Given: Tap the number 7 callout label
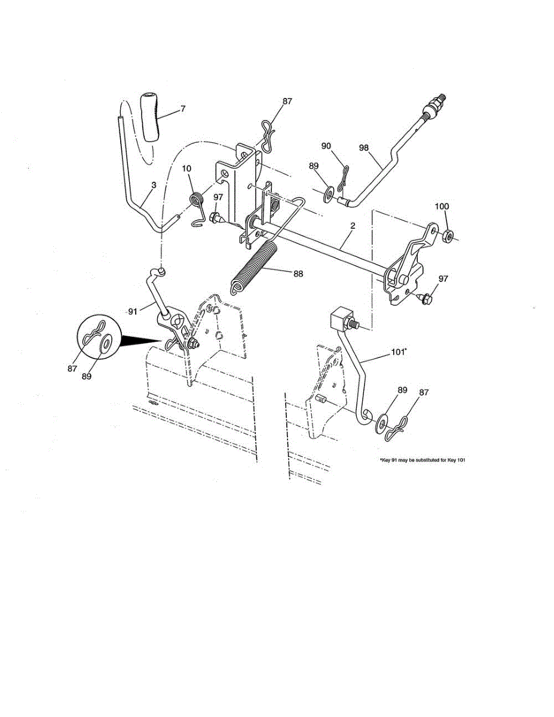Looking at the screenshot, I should coord(183,109).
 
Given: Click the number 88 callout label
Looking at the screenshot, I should coord(298,274).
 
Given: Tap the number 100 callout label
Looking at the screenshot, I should coord(441,206).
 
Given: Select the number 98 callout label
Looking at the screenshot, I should coord(365,147).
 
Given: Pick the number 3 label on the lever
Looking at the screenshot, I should coord(154,186).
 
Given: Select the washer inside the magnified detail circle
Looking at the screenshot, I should coord(106,344).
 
